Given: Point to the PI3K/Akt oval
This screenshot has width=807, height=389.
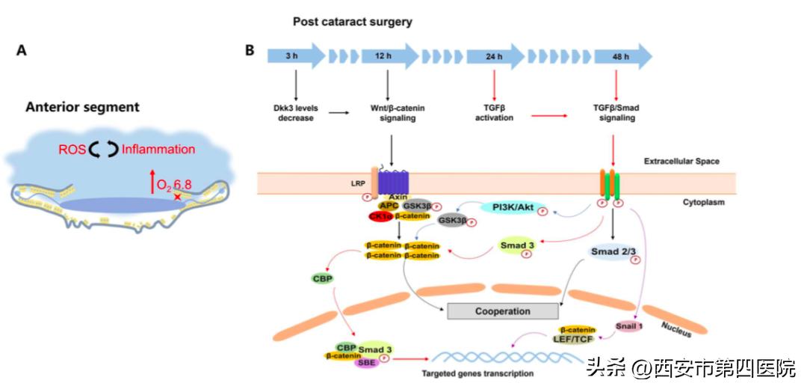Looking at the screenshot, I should point(513,206).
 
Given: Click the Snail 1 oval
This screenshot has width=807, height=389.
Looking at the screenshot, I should point(630,326).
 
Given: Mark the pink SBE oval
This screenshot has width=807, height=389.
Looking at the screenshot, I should point(367,363).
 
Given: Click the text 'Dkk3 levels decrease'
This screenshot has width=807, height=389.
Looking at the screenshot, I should point(297,113).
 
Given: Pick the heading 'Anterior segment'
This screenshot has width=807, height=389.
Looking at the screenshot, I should point(82,107).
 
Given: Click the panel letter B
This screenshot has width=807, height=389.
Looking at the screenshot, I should point(250,51).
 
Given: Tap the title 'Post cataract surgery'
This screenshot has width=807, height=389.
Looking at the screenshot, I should point(352,22).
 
